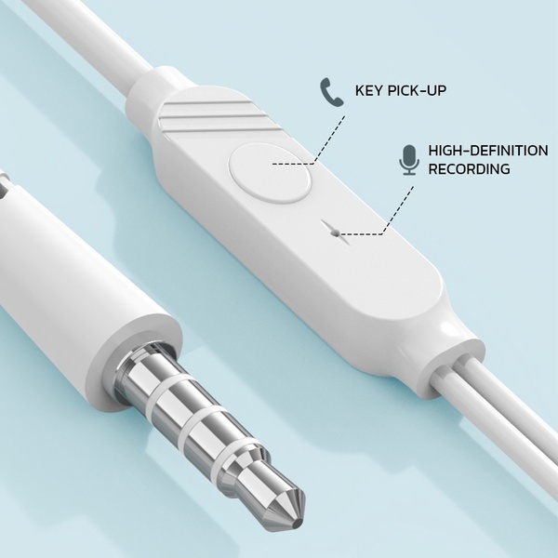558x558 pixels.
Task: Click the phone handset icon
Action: [x=332, y=92]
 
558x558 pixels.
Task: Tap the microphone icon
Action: [x=409, y=160]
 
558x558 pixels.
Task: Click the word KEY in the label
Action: [x=368, y=90]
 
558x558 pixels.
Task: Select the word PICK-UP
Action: [x=417, y=90]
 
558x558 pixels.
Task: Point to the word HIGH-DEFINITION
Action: [x=488, y=151]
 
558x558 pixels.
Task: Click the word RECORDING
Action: [x=469, y=168]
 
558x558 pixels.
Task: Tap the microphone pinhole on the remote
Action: [x=335, y=233]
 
